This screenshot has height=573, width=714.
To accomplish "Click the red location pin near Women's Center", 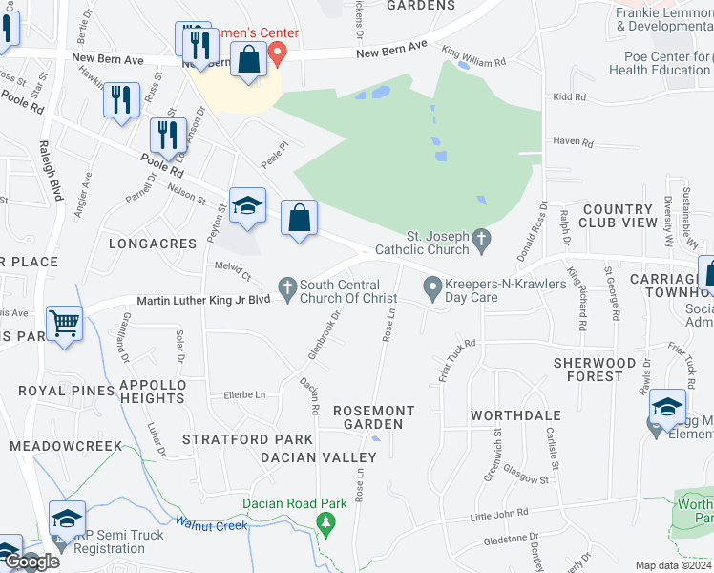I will coord(278,53).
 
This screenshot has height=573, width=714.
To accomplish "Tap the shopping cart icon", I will coord(65,323).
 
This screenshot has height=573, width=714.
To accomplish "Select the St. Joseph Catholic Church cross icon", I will coord(483,236).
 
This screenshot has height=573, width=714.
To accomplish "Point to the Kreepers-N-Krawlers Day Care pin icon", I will coord(432,286).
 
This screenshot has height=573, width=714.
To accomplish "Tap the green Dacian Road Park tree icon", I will coord(326,522).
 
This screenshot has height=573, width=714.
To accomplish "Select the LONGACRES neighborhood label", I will coord(153,244).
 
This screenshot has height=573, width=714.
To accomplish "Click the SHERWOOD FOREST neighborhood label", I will coord(596,370).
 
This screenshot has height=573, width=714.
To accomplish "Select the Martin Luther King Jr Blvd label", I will coord(204,300).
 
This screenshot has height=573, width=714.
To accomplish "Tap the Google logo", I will coord(31,561).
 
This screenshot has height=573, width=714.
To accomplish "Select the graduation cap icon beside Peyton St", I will coord(247,206).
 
